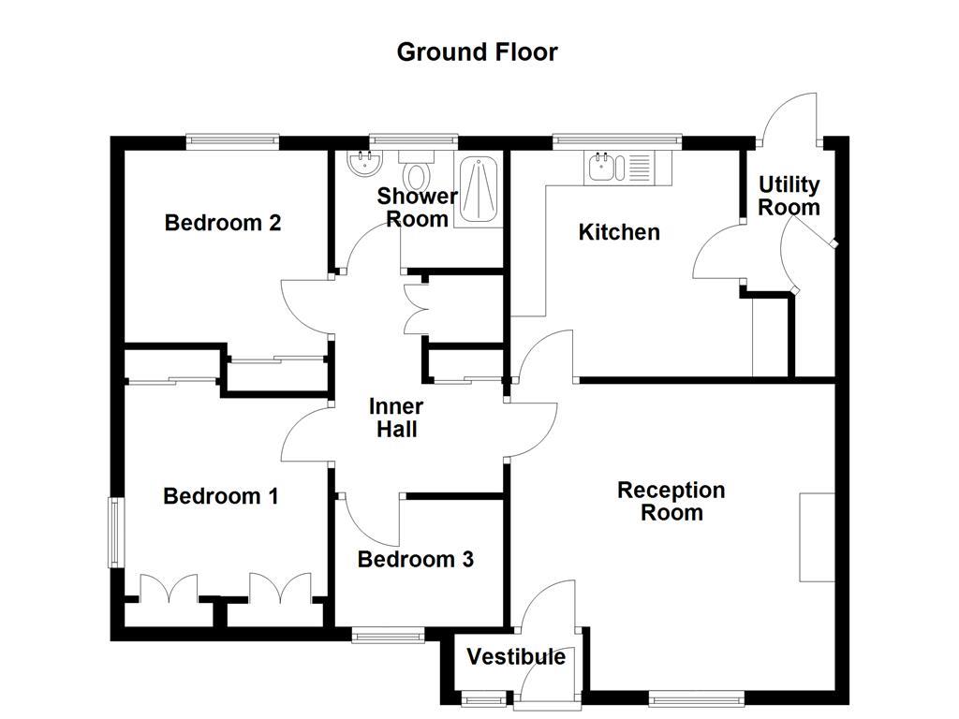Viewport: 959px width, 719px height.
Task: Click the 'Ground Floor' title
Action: [477, 51]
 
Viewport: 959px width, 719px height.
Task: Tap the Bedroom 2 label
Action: [223, 223]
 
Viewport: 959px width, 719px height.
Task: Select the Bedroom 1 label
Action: [220, 495]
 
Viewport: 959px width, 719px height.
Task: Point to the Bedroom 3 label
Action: [415, 559]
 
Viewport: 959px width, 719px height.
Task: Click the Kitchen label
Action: [619, 231]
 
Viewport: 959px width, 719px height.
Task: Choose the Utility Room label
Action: [789, 196]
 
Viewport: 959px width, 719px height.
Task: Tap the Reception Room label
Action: [671, 501]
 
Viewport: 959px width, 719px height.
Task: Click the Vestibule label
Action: [516, 656]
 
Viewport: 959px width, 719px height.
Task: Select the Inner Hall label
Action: [395, 418]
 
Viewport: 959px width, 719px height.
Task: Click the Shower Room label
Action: [417, 207]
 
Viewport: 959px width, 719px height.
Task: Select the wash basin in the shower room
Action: [361, 165]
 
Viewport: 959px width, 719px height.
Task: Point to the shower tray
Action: [479, 189]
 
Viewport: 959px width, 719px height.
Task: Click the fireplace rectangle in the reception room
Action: [817, 536]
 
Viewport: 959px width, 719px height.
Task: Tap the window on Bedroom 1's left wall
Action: [115, 532]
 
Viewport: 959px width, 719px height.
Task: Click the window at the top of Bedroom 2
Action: [232, 141]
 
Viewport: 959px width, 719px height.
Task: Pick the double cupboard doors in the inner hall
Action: [412, 308]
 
